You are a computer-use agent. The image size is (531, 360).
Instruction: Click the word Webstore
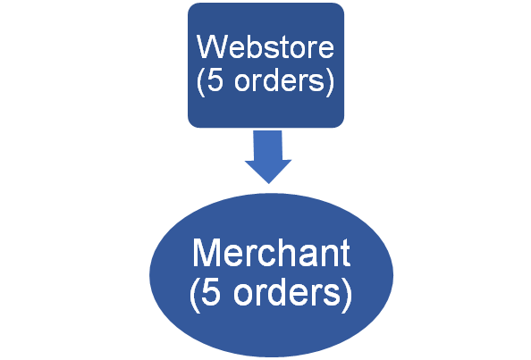(265, 46)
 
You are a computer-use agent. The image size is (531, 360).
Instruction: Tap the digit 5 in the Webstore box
(215, 80)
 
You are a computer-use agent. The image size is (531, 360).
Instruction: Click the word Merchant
(271, 253)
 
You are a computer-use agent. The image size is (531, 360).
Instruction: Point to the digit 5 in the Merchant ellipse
(210, 292)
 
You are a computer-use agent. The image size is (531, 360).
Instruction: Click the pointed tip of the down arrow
(268, 184)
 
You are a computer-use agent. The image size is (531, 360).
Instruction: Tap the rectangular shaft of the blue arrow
(267, 145)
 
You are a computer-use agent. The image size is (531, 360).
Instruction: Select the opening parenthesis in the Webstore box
(201, 81)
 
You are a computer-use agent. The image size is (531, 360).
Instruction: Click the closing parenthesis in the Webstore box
(330, 81)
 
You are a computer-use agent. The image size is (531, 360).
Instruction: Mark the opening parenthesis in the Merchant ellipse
(194, 295)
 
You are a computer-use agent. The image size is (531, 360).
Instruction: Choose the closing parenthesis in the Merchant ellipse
(347, 295)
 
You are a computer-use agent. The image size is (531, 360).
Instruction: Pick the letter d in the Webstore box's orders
(268, 80)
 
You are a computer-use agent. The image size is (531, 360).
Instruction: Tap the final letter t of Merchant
(345, 254)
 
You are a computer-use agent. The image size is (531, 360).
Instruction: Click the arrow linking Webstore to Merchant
(268, 157)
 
